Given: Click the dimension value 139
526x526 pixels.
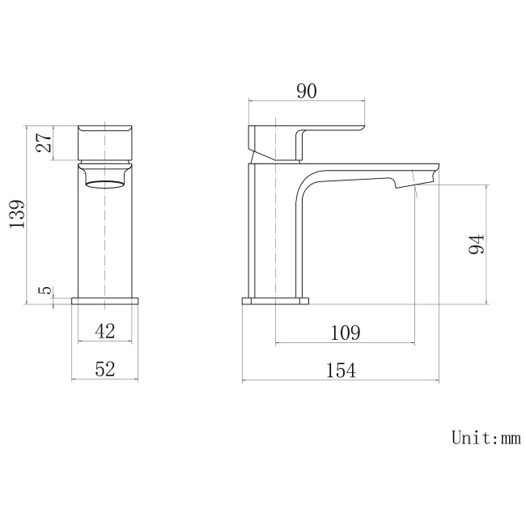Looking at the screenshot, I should pyautogui.click(x=17, y=214).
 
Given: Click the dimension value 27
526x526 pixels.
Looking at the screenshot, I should pyautogui.click(x=44, y=142).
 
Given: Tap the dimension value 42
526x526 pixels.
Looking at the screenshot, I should pyautogui.click(x=105, y=330).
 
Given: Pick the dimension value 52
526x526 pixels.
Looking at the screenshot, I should pyautogui.click(x=105, y=369).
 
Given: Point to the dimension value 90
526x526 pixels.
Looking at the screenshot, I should pyautogui.click(x=305, y=91).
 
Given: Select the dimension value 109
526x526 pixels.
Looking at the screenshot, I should pyautogui.click(x=346, y=332).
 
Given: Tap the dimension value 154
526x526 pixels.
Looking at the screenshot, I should pyautogui.click(x=341, y=370).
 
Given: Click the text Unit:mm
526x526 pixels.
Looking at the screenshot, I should pyautogui.click(x=486, y=438).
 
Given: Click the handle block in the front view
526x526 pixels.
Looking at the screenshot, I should pyautogui.click(x=106, y=143).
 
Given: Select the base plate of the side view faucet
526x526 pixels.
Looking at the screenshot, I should pyautogui.click(x=276, y=302).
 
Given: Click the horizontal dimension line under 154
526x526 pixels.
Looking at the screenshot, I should pyautogui.click(x=341, y=381).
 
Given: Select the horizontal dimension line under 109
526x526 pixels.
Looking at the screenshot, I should pyautogui.click(x=346, y=343).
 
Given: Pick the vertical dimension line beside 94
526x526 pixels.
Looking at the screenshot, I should pyautogui.click(x=487, y=244).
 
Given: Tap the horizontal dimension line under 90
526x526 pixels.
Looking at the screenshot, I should pyautogui.click(x=305, y=102).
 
